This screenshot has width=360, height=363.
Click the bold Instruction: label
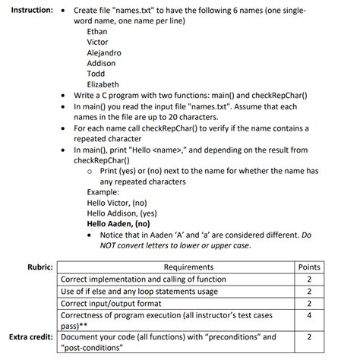tap(28, 11)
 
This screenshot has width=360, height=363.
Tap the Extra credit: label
tap(31, 336)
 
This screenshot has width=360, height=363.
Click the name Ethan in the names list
tap(97, 32)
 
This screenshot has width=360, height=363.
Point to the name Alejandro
tap(104, 53)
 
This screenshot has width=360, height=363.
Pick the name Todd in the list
tap(96, 74)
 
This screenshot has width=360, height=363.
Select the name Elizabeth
tap(103, 84)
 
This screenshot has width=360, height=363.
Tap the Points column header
tap(310, 268)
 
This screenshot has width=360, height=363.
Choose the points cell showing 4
tap(310, 314)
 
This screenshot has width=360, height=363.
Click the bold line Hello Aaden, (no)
tap(118, 224)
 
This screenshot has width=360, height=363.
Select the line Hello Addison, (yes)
tap(122, 213)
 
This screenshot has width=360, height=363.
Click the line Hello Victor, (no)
tap(117, 203)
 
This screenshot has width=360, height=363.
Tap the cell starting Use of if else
tap(139, 291)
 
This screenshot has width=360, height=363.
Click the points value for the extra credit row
tap(310, 336)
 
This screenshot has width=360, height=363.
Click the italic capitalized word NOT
tap(111, 245)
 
